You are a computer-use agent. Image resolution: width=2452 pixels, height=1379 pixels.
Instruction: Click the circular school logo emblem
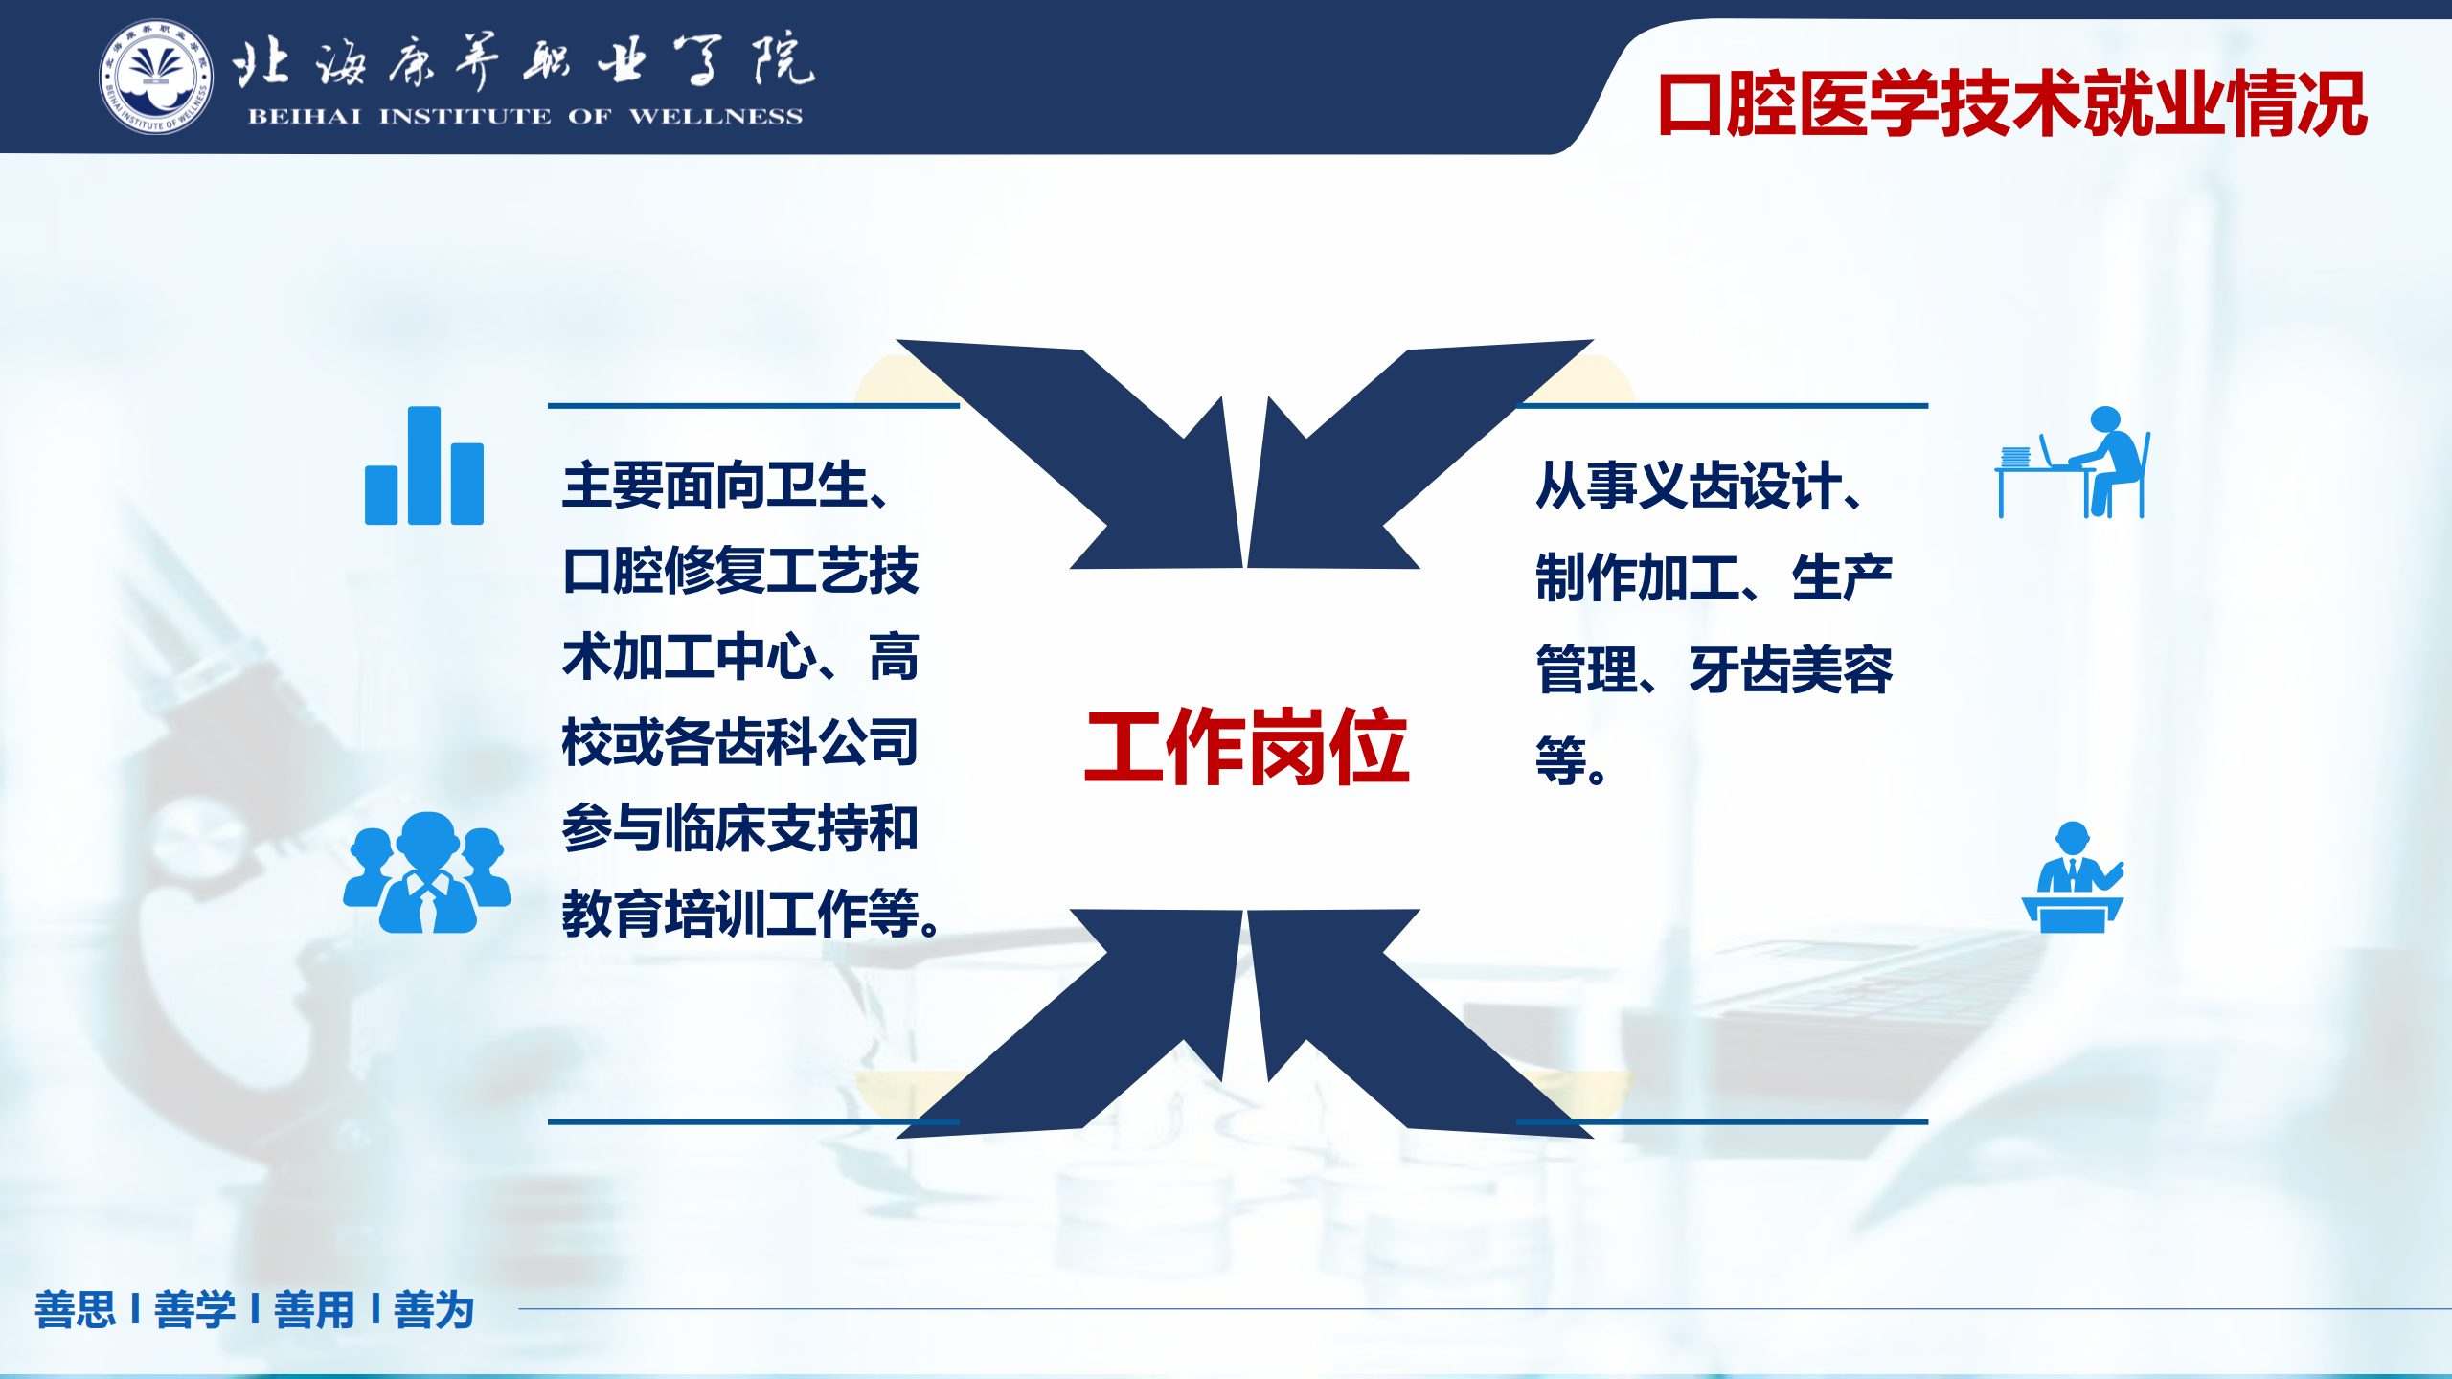pyautogui.click(x=156, y=77)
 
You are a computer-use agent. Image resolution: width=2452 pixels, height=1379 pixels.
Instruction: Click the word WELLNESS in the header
pyautogui.click(x=715, y=117)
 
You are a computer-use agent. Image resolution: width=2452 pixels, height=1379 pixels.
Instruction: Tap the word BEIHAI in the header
pyautogui.click(x=305, y=117)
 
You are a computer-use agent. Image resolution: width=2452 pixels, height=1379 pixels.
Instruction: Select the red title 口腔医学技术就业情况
pyautogui.click(x=2012, y=103)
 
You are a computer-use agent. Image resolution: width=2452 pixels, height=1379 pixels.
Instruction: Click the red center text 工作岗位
pyautogui.click(x=1246, y=747)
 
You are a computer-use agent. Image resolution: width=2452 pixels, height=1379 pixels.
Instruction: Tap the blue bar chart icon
pyautogui.click(x=424, y=465)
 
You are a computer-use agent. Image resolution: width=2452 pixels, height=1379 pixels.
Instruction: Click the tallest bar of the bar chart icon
pyautogui.click(x=424, y=465)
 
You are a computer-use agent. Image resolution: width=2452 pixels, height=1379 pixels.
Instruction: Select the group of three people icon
pyautogui.click(x=427, y=872)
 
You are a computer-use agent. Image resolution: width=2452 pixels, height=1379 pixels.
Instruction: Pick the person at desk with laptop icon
pyautogui.click(x=2074, y=463)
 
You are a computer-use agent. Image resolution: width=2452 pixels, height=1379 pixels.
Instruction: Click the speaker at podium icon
pyautogui.click(x=2073, y=877)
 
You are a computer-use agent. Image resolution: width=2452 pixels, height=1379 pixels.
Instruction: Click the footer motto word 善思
pyautogui.click(x=76, y=1310)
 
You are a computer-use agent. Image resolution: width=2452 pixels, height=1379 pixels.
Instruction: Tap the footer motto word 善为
pyautogui.click(x=434, y=1310)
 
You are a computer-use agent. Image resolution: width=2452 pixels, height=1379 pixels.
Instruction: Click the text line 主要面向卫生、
pyautogui.click(x=726, y=486)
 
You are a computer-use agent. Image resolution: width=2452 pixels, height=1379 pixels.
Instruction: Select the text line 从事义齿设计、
pyautogui.click(x=1699, y=486)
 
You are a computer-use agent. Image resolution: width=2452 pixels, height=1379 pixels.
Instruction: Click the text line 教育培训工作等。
pyautogui.click(x=752, y=914)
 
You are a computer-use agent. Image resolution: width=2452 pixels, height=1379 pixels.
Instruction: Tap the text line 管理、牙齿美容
pyautogui.click(x=1714, y=669)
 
